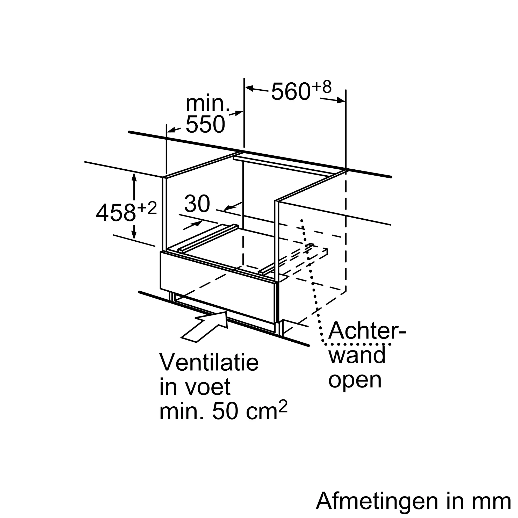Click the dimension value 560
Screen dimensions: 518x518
[x=291, y=92]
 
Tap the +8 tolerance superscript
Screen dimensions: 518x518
[x=322, y=87]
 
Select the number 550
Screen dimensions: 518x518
[x=205, y=124]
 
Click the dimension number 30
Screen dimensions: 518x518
[x=197, y=204]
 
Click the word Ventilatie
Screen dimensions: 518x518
[x=209, y=363]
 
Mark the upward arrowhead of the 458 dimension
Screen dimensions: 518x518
[x=134, y=177]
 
